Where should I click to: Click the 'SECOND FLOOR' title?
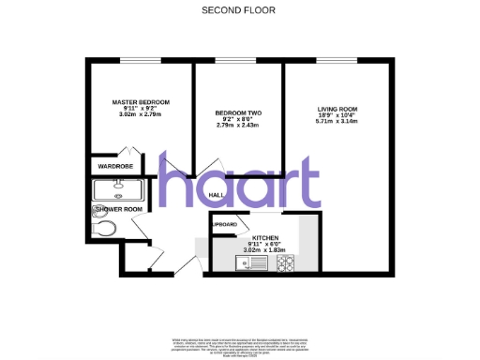coord(239,10)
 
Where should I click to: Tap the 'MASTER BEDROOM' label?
coord(141,101)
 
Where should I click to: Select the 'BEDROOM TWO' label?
coord(229,113)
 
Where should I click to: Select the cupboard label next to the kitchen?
coord(224,225)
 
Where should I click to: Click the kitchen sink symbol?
coord(254,263)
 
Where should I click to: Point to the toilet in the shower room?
coord(105,228)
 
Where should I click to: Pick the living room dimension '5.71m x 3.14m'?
coord(337,121)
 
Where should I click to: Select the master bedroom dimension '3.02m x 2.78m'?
coord(141,113)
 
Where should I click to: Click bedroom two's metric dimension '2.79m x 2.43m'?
coord(229,126)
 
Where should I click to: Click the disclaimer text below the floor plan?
coord(239,344)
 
